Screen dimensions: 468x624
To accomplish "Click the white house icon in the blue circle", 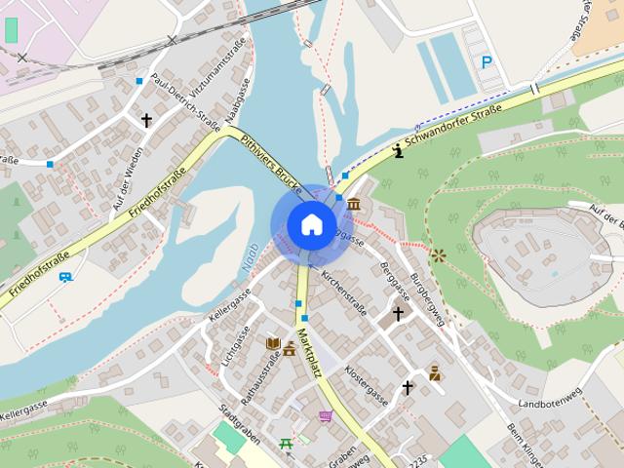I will coord(312,224).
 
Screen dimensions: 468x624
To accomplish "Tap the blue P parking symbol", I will coord(487,62).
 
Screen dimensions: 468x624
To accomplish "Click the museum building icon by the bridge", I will coord(352,204).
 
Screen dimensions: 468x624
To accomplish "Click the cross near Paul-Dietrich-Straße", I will coord(146,121).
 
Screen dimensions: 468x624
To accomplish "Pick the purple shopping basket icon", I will coord(325,416).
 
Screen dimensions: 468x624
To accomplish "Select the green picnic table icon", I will coord(286,445).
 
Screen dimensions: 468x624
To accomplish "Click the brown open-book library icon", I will coord(273,343).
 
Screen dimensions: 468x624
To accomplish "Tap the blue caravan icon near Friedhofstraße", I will coord(65,277).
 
